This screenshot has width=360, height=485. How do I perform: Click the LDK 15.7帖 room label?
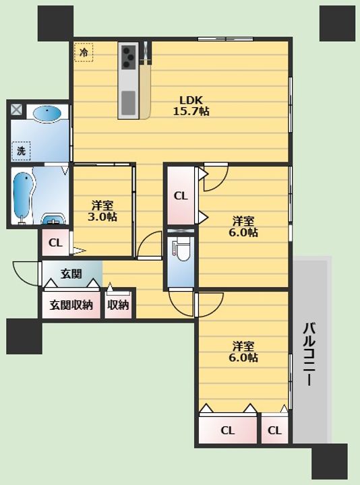191,106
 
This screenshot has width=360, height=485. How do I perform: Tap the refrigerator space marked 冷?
84,53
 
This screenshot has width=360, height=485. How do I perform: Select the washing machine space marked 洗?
21,151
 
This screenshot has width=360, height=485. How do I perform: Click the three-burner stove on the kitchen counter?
129,57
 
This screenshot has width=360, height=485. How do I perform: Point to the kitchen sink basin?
128,102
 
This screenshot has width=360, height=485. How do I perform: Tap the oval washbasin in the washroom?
47,112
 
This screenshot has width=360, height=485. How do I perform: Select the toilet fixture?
181,250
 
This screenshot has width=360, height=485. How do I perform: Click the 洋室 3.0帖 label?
102,211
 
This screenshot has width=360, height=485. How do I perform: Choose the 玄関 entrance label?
71,273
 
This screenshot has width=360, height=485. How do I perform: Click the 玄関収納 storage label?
71,305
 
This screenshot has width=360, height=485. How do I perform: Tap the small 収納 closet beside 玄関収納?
118,305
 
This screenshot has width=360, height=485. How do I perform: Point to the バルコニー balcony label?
310,354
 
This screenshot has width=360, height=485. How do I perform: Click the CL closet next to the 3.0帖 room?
56,243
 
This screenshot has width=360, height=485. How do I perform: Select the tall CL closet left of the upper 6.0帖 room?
181,195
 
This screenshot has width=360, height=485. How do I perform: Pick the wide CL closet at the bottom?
228,430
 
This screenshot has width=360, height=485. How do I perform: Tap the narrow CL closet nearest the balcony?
274,430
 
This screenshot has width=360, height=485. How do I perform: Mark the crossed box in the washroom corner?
16,109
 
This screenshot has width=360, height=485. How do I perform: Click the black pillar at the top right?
337,24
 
